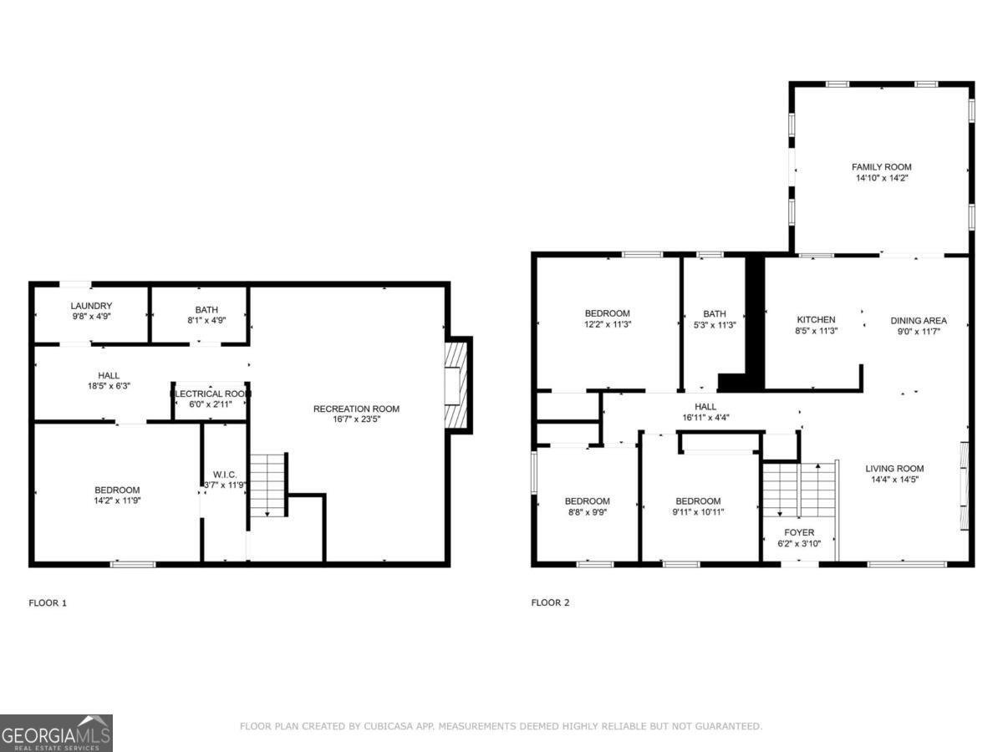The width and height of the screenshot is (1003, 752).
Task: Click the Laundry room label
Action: coord(91,307)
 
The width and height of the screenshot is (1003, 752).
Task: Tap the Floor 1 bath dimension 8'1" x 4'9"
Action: coord(200,320)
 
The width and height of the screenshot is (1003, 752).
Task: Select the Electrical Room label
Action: coord(211,394)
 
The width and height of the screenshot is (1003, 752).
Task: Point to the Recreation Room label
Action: coord(356,409)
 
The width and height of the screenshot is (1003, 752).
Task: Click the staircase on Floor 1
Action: coord(268,484)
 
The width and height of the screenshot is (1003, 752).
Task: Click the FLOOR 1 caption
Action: coord(48,602)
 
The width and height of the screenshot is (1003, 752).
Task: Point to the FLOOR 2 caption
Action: coord(550,602)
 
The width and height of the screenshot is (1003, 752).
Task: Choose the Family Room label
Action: coord(881,167)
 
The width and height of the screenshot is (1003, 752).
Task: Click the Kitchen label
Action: coord(815,320)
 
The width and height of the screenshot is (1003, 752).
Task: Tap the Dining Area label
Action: coord(918,320)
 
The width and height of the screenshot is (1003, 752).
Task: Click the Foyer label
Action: coord(798,532)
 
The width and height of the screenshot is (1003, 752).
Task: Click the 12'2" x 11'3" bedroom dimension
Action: coord(608,324)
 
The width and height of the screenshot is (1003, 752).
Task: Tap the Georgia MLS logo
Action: coord(56,733)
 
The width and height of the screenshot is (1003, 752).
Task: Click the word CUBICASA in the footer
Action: coord(387,727)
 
